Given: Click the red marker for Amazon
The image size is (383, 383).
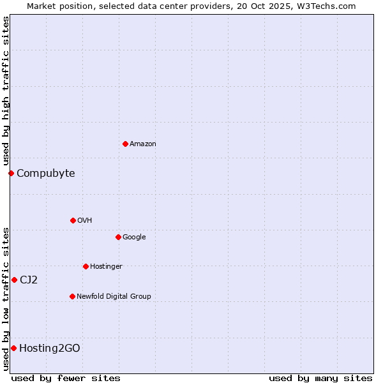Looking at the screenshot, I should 125,144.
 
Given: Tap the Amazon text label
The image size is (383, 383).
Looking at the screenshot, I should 143,144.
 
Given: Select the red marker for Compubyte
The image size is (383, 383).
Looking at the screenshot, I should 11,173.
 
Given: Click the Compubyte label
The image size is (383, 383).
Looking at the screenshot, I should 46,174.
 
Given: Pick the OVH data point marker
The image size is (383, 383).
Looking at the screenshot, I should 73,220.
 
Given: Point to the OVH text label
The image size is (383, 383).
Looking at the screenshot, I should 85,221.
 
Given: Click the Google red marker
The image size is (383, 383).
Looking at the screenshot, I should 118,237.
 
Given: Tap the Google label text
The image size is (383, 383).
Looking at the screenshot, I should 134,237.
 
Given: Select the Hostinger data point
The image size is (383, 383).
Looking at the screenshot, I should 86,266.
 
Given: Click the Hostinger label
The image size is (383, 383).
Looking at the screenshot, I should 106,267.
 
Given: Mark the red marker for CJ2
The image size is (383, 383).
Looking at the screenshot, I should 14,280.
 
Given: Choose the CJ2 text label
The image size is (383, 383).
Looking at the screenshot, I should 29,280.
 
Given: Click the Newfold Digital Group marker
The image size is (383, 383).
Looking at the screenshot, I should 72,296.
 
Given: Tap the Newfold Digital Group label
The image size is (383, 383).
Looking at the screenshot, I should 114,297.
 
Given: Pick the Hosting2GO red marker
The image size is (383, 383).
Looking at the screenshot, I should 13,348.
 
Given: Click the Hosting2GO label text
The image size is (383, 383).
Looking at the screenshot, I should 50,349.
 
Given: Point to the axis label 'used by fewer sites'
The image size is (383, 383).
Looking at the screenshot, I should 66,378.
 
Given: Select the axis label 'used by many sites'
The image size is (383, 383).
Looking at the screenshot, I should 320,378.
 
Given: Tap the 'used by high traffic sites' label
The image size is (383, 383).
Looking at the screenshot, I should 6,91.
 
